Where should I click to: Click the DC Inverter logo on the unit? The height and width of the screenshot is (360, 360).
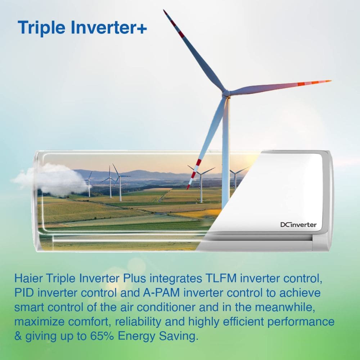pyautogui.click(x=298, y=225)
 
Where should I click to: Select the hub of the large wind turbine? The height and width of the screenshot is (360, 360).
pyautogui.click(x=226, y=93)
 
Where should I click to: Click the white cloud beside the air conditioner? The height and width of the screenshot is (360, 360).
pyautogui.click(x=50, y=179)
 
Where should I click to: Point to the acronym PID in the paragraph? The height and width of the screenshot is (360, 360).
pyautogui.click(x=24, y=293)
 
